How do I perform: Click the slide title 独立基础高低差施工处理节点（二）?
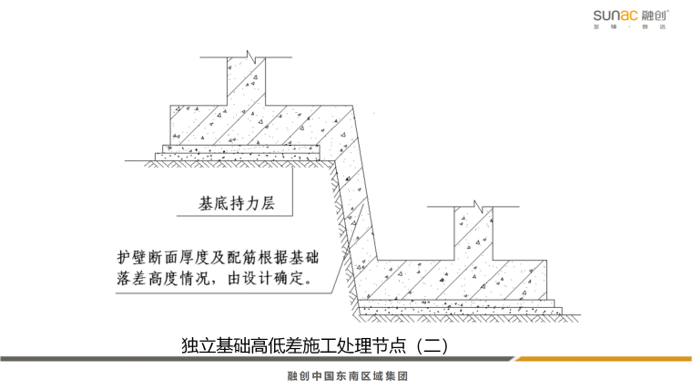point(315,346)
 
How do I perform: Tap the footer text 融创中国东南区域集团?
point(345,376)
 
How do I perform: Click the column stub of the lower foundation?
point(471,232)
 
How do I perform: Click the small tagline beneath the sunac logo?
point(632,27)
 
